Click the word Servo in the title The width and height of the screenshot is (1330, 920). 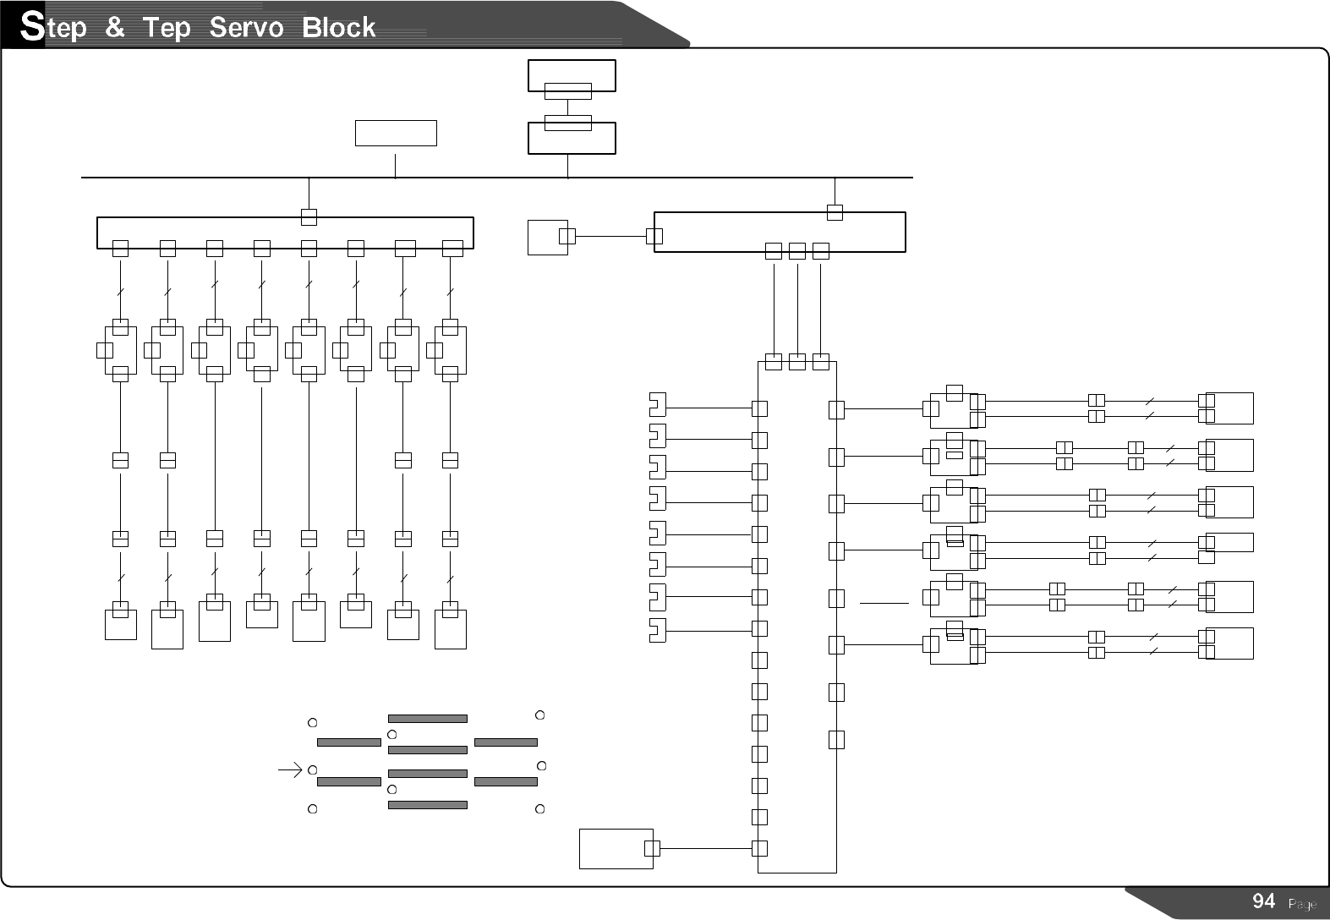tap(245, 28)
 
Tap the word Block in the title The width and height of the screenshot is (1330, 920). tap(339, 28)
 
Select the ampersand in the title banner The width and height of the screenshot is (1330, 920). tap(115, 28)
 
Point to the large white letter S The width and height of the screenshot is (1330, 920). tap(31, 28)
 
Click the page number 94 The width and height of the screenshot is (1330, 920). tap(1263, 901)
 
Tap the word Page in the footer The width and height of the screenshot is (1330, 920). tap(1301, 905)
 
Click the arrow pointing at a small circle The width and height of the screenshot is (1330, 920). tap(290, 770)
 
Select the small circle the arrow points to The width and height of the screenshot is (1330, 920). tap(312, 770)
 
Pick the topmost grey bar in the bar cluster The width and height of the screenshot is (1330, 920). tap(427, 719)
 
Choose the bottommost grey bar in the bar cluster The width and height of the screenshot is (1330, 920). tap(427, 805)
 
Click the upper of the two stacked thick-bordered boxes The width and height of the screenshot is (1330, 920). tap(572, 74)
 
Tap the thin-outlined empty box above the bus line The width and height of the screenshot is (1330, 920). tap(396, 133)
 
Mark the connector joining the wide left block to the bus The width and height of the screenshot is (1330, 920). tap(309, 217)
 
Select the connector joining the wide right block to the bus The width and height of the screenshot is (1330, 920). tap(835, 212)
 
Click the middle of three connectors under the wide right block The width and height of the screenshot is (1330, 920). tap(796, 251)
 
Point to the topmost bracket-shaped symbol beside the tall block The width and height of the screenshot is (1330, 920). tap(657, 405)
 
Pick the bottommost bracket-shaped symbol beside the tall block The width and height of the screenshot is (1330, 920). tap(657, 630)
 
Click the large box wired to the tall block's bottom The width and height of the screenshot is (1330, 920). tap(616, 848)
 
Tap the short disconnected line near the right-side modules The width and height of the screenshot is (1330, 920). tap(884, 603)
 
